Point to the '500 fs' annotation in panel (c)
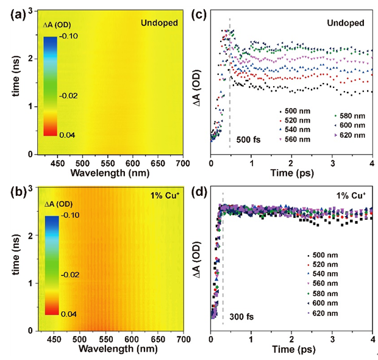click(x=248, y=140)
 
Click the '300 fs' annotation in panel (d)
click(x=242, y=316)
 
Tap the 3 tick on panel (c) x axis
click(x=332, y=163)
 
